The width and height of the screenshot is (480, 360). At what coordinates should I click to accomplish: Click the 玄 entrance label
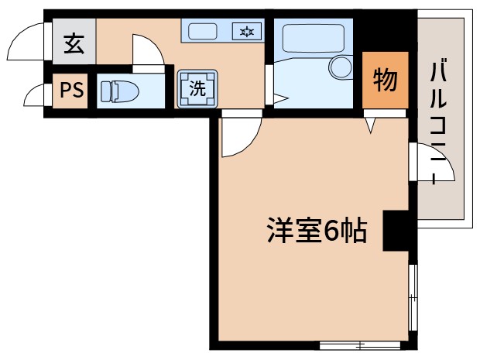[x=74, y=45]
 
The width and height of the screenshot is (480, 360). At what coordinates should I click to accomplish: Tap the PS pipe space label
[x=71, y=91]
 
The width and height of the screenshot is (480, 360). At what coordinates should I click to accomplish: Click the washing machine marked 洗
[x=197, y=87]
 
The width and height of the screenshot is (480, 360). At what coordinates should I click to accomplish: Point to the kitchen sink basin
[x=204, y=32]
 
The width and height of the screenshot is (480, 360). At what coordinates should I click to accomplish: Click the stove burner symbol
[x=247, y=32]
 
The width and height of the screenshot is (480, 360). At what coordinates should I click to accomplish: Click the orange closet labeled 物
[x=385, y=80]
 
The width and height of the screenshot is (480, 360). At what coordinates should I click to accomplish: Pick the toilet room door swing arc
[x=147, y=50]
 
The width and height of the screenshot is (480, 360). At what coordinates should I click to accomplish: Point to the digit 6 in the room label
[x=331, y=231]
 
